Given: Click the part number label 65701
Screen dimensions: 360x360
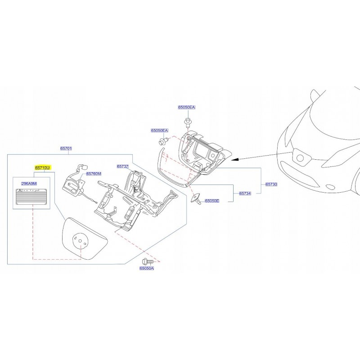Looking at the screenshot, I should pyautogui.click(x=67, y=148).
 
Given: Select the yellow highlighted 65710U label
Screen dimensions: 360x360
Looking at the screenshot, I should pyautogui.click(x=43, y=167).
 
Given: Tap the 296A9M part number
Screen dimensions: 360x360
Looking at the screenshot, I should pyautogui.click(x=29, y=184).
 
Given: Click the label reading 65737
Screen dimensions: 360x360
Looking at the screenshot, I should pyautogui.click(x=123, y=166).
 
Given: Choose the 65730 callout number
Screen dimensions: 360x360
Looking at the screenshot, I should pyautogui.click(x=272, y=184).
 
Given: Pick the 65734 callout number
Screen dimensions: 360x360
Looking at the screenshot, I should pyautogui.click(x=245, y=193).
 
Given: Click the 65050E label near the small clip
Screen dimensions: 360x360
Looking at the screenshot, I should pyautogui.click(x=212, y=201).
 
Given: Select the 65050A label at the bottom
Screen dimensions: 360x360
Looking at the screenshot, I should pyautogui.click(x=147, y=268).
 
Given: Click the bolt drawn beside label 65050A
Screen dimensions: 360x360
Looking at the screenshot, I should pyautogui.click(x=147, y=261).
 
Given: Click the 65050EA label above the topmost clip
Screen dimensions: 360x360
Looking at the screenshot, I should pyautogui.click(x=186, y=108).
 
